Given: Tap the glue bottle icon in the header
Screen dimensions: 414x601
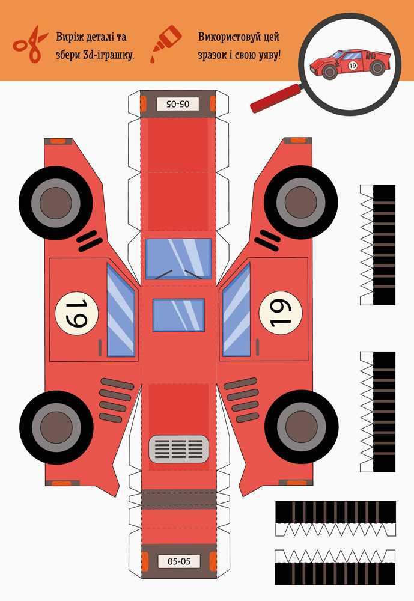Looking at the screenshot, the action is coord(166,43).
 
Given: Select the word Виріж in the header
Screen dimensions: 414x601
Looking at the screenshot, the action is coord(69,37).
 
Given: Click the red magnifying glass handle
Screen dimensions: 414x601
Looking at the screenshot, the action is coord(276,98).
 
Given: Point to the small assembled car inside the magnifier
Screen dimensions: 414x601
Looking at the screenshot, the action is coord(350,63).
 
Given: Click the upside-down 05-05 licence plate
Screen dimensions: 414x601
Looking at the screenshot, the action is coord(178,103).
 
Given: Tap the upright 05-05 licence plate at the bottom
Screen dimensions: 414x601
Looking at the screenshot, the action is coord(178,561).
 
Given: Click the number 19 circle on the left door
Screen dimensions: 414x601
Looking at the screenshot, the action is coord(77,313).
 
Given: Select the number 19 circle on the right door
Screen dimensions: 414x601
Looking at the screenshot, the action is coord(281,313).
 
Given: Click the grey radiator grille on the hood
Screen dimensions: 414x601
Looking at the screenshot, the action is coord(178,448).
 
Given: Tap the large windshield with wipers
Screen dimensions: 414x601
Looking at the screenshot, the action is coord(178,258).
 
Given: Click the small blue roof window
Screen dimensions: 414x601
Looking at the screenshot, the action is coord(178,315).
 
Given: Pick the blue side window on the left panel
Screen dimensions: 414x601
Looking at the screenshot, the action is coord(121,311).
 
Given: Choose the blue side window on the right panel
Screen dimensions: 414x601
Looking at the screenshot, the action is coord(237,311).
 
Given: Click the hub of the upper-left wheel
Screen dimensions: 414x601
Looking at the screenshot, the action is coord(56,203).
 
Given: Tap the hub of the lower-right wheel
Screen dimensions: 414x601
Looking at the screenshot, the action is coord(301,427).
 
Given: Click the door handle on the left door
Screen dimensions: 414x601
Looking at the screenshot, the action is coord(100,347).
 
